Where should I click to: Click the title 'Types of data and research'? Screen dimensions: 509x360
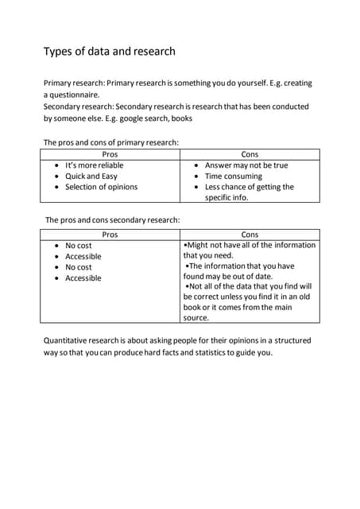tap(109, 52)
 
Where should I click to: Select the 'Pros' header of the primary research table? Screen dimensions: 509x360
tap(110, 154)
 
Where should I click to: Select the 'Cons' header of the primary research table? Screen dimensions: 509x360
tap(250, 154)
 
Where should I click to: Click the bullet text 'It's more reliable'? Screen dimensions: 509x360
tap(95, 165)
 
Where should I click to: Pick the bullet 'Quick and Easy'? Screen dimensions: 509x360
tap(91, 177)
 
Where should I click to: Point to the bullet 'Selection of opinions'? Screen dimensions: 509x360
tap(101, 187)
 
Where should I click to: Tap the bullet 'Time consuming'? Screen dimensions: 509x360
tap(234, 177)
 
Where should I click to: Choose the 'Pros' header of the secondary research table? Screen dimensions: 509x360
tap(110, 235)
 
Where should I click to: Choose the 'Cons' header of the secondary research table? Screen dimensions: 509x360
tap(250, 235)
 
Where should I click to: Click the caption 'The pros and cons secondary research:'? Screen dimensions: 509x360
tap(113, 220)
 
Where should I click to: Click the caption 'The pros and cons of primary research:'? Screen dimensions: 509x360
tap(110, 142)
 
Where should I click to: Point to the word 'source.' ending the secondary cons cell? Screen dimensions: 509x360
tap(196, 317)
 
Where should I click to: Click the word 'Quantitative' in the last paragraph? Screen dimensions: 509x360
tap(68, 340)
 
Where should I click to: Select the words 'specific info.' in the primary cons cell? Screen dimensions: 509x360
tap(226, 197)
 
